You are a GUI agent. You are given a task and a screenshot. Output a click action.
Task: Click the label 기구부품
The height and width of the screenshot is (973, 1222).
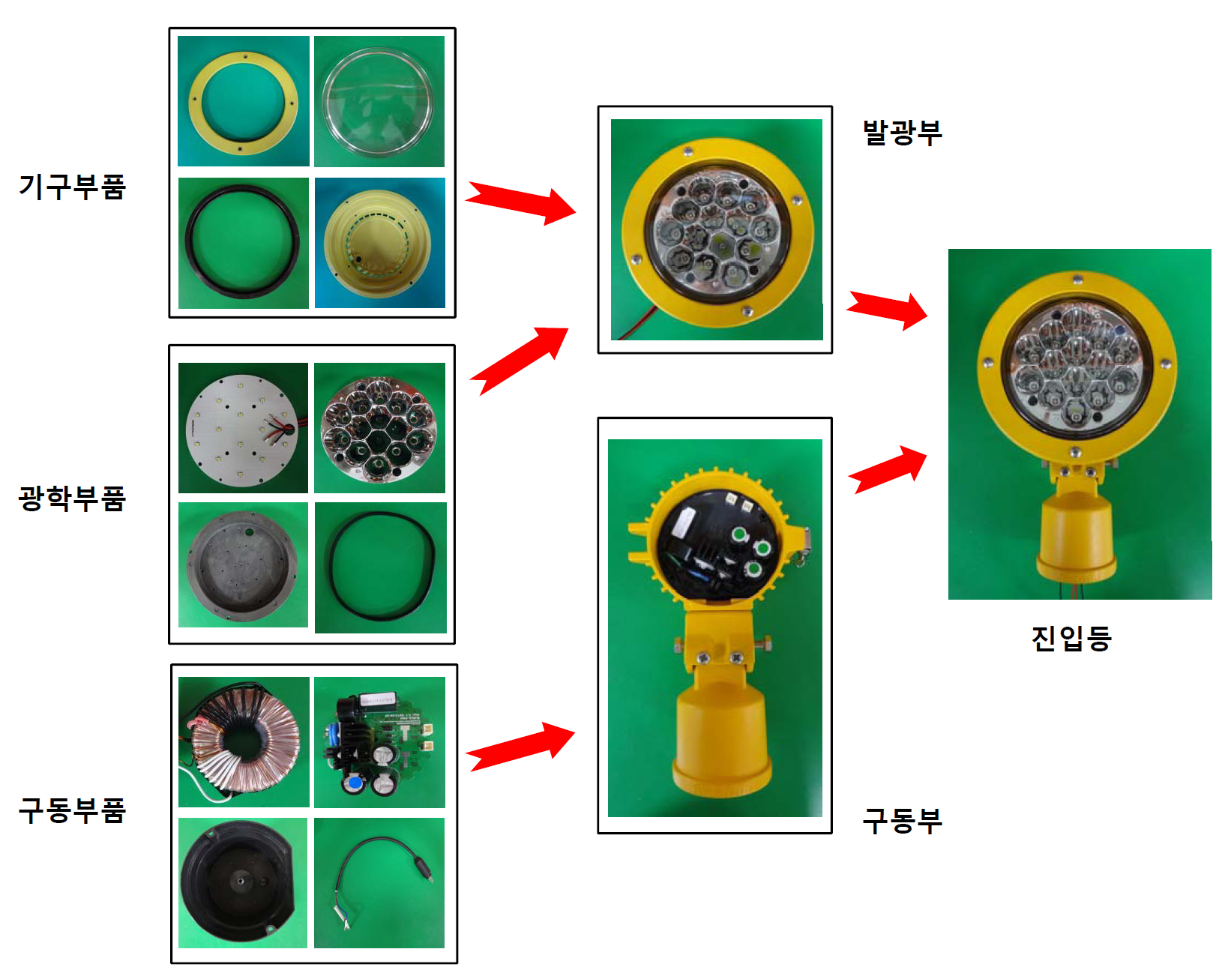[72, 187]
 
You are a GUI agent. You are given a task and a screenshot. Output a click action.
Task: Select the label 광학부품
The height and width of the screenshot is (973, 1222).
[72, 498]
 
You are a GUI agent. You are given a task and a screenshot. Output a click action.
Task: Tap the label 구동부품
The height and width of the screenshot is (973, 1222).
[72, 810]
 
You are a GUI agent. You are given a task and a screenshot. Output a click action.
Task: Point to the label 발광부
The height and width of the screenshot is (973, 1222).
[903, 133]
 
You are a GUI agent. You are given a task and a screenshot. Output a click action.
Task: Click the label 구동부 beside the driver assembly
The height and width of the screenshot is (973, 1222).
[903, 821]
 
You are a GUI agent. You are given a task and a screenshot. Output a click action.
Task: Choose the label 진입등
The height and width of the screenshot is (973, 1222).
[1071, 639]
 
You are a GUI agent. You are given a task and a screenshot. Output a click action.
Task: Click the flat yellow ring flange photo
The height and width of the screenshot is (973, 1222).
[243, 102]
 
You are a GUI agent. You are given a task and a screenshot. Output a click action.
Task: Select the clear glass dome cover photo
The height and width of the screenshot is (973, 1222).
[378, 102]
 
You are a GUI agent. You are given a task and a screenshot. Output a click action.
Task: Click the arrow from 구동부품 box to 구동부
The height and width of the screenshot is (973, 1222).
[520, 747]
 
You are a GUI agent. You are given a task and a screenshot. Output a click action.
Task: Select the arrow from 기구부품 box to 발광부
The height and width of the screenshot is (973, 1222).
[520, 203]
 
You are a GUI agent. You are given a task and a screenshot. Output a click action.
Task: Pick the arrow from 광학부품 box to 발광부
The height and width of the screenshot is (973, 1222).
[519, 360]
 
